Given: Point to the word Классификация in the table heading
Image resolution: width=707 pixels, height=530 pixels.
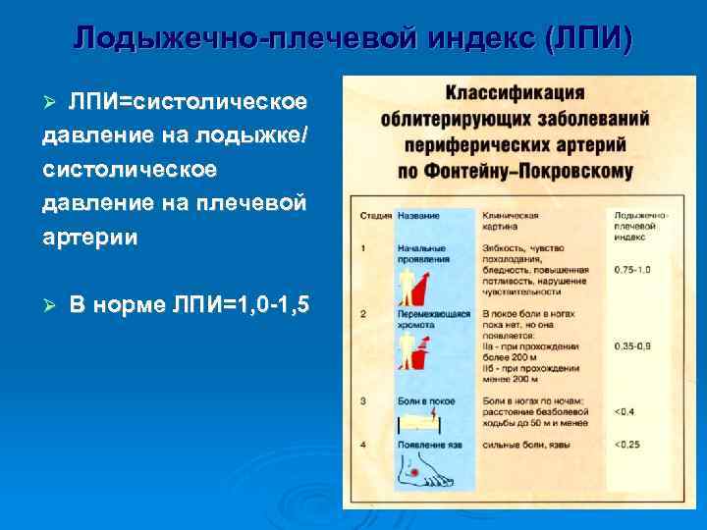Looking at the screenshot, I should click(x=515, y=94).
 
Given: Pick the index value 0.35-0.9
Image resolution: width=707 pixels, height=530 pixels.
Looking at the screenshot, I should click(x=631, y=346).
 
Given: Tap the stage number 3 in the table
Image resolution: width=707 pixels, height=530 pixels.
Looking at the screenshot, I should click(x=364, y=400).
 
